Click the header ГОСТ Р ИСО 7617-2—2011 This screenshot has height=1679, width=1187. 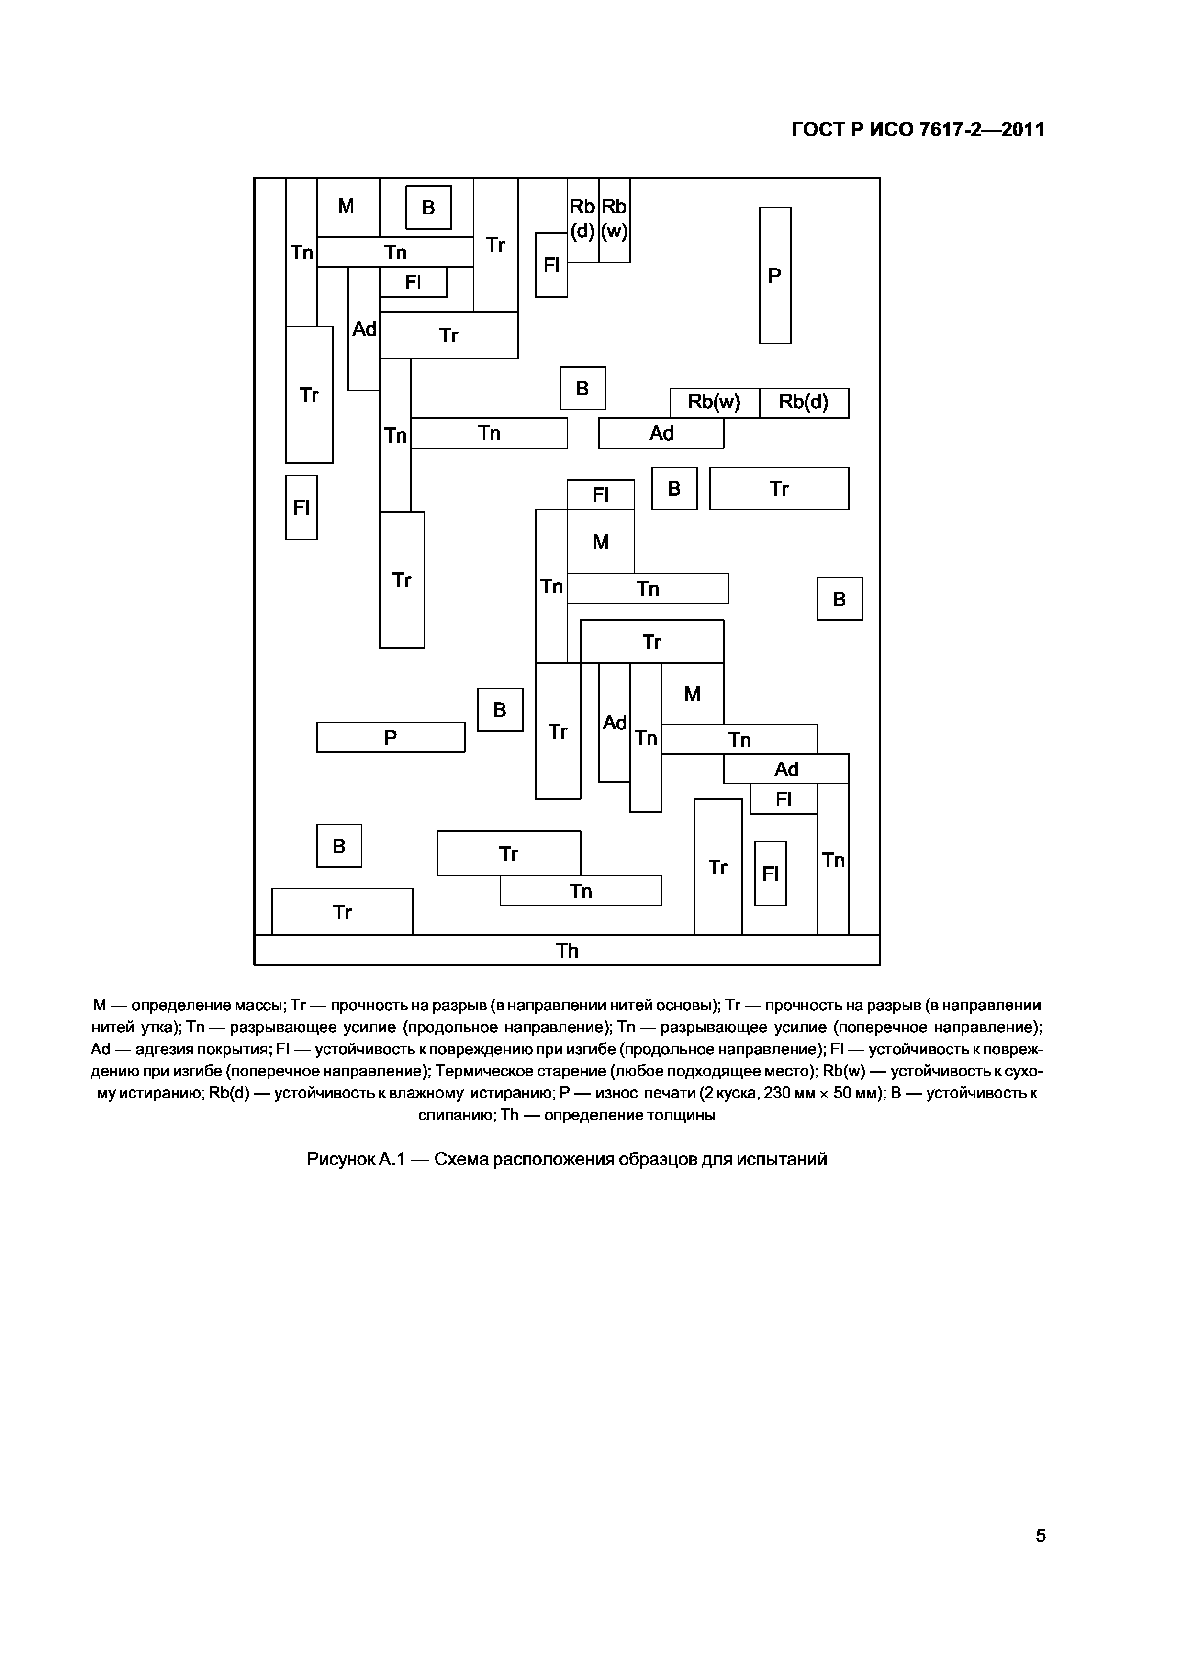click(x=918, y=130)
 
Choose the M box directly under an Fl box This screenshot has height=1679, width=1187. click(x=601, y=542)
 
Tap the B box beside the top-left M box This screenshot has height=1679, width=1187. click(x=428, y=208)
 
